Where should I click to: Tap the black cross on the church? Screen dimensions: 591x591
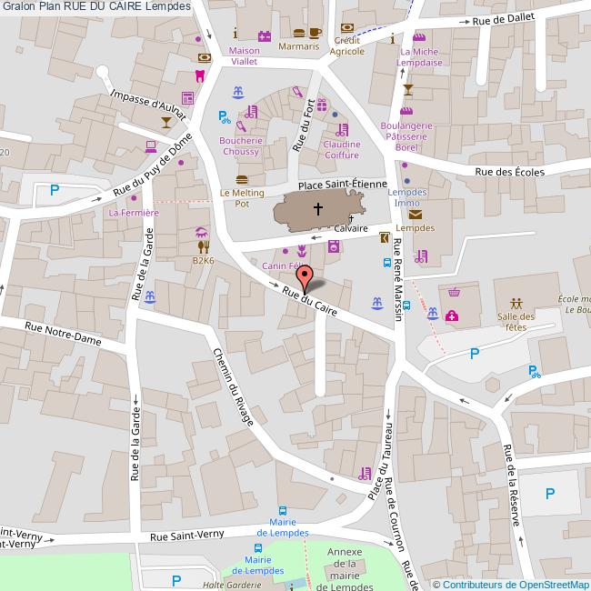318,210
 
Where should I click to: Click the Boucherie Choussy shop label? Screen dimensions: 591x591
241,146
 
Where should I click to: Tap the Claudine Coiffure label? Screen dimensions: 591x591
341,149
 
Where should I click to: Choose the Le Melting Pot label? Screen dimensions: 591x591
242,198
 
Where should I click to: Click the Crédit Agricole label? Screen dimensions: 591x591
349,45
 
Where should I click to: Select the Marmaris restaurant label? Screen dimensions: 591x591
298,45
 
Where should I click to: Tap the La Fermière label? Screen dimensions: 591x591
134,213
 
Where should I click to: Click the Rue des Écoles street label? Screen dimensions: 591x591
509,172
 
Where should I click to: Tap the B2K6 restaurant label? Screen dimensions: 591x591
203,261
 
